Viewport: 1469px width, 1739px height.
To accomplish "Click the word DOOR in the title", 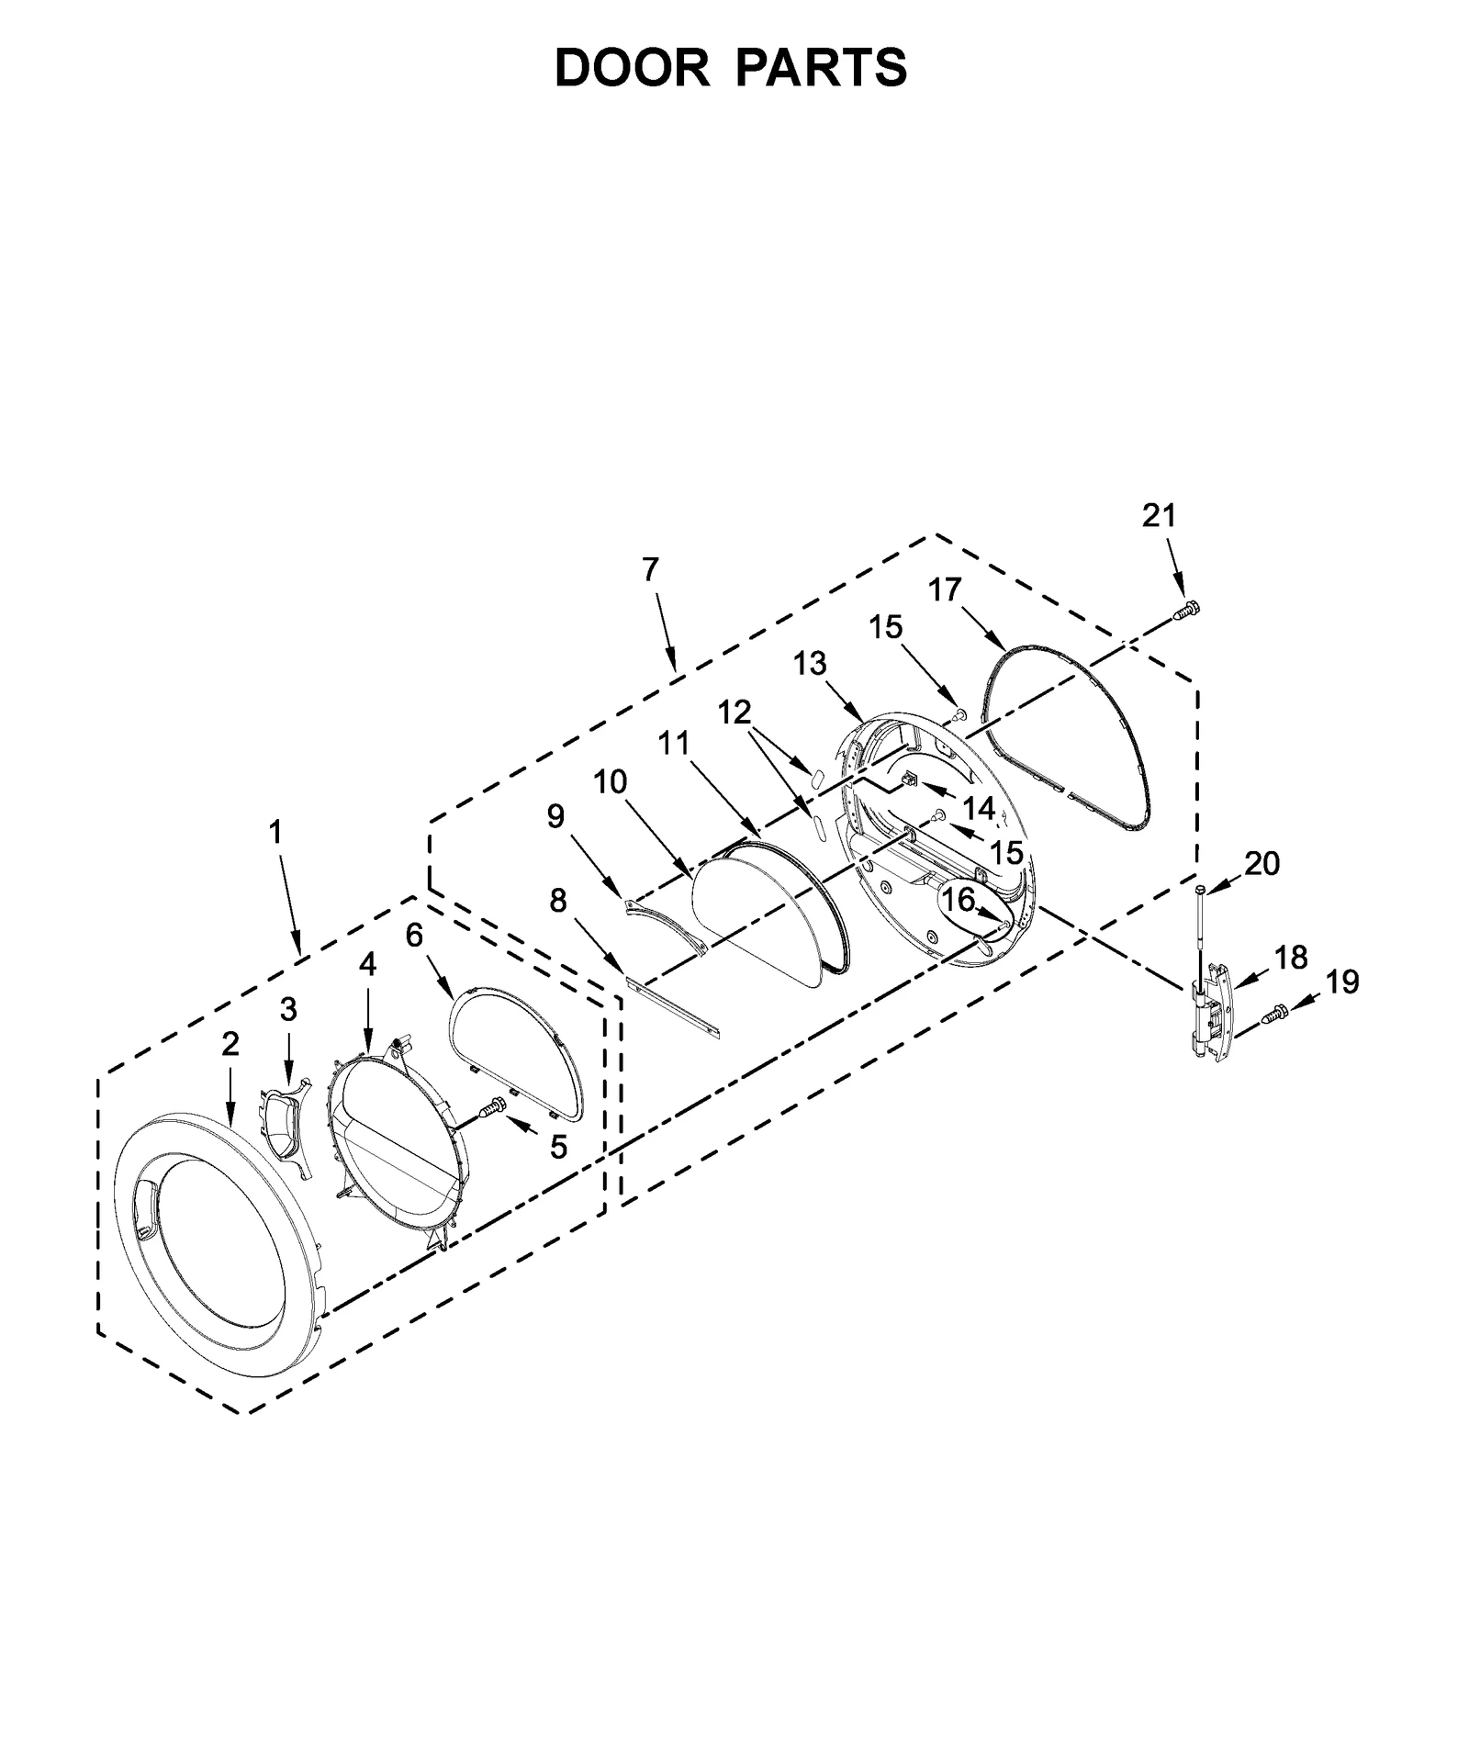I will pos(632,68).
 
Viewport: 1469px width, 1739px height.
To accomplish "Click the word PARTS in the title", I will pos(820,68).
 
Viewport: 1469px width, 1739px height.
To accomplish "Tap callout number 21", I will pos(1159,516).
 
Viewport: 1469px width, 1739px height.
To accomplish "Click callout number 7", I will pos(650,570).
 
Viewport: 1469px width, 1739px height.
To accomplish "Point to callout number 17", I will pos(944,589).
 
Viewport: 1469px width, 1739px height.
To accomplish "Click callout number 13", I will pos(810,663).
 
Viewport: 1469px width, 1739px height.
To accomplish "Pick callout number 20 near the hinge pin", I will pos(1262,863).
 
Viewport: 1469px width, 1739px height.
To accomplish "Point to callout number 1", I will pos(275,833).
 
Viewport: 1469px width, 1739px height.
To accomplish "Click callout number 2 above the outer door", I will pos(230,1044).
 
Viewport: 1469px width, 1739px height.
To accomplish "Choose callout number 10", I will pos(610,782).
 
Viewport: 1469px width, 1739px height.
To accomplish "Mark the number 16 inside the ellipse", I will pos(957,901).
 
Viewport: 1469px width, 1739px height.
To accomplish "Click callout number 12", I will pos(734,712).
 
